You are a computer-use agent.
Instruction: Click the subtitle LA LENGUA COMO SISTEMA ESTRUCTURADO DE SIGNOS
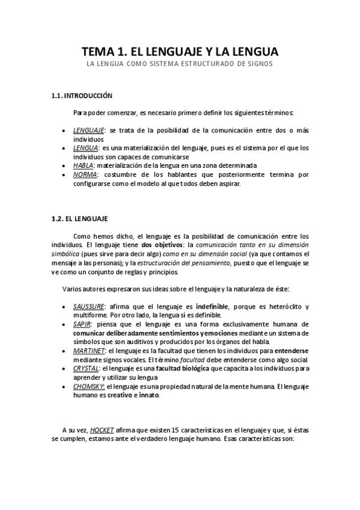(180, 64)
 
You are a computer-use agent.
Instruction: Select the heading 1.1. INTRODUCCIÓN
(82, 95)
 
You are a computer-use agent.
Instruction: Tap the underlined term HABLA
(82, 165)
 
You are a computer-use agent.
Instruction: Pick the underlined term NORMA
(85, 174)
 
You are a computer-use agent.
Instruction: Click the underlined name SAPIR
(82, 324)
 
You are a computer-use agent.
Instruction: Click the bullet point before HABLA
(64, 165)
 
